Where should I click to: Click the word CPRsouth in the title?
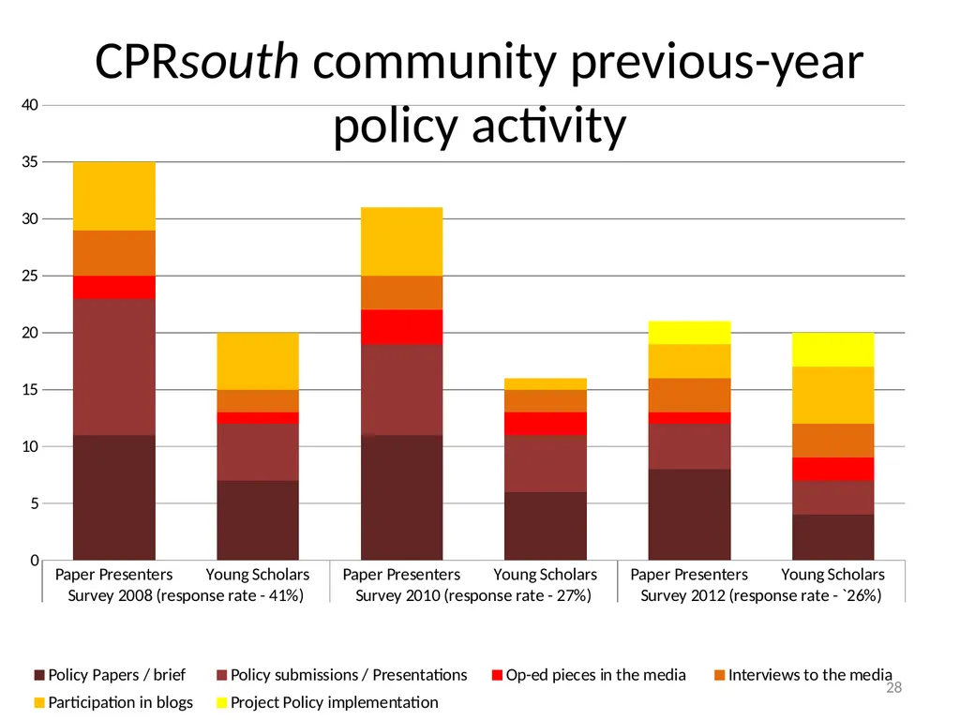pyautogui.click(x=197, y=61)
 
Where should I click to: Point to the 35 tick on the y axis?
pyautogui.click(x=29, y=162)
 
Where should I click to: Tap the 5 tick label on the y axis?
pyautogui.click(x=34, y=503)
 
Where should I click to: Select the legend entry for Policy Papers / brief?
pyautogui.click(x=111, y=675)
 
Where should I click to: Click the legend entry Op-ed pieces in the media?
pyautogui.click(x=589, y=675)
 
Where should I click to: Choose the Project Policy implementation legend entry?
pyautogui.click(x=327, y=702)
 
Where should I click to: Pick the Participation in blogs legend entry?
pyautogui.click(x=113, y=702)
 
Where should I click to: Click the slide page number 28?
pyautogui.click(x=893, y=687)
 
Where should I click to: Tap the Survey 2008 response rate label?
pyautogui.click(x=186, y=595)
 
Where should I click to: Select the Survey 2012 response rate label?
pyautogui.click(x=761, y=595)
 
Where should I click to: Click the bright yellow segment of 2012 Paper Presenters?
pyautogui.click(x=689, y=333)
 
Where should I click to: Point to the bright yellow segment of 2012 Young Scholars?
pyautogui.click(x=833, y=351)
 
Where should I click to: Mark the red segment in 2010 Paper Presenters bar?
pyautogui.click(x=401, y=327)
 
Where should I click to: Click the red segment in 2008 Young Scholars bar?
pyautogui.click(x=258, y=418)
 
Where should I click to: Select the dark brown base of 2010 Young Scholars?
pyautogui.click(x=546, y=526)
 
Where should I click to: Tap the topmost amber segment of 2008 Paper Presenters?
pyautogui.click(x=113, y=197)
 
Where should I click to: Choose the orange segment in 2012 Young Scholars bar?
pyautogui.click(x=833, y=441)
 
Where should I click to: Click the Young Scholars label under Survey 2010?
pyautogui.click(x=545, y=575)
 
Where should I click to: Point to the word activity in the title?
pyautogui.click(x=549, y=127)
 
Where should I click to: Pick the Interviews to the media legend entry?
pyautogui.click(x=802, y=675)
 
